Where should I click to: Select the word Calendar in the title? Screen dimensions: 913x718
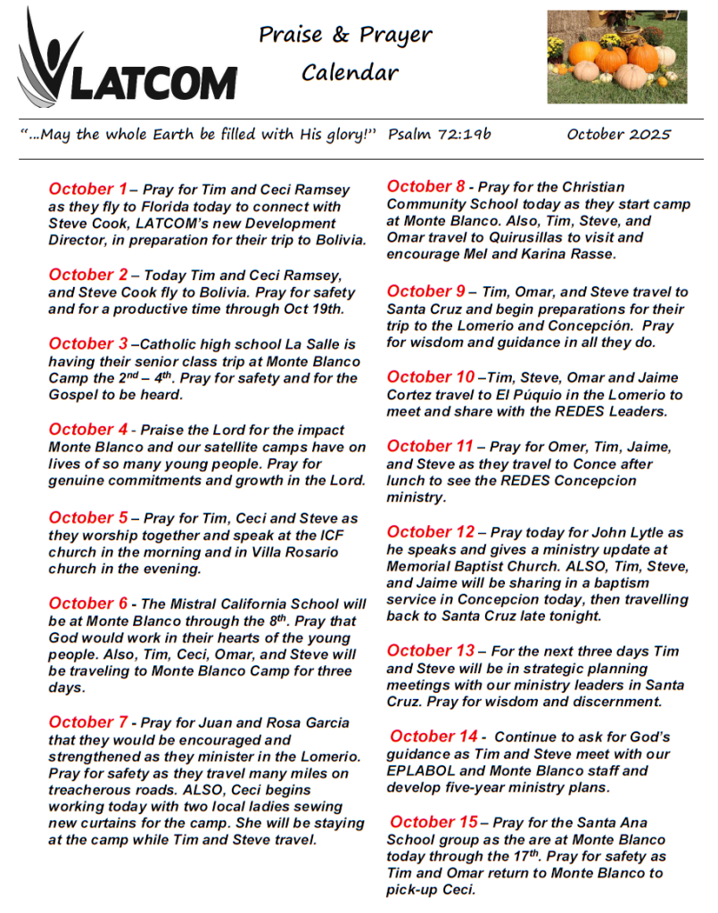coord(350,72)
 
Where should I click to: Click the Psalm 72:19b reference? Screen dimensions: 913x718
coord(440,135)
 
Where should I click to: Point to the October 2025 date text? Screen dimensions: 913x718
coord(618,135)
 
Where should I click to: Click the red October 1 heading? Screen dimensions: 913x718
coord(88,189)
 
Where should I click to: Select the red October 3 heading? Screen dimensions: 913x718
coord(88,343)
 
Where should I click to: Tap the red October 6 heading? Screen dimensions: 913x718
coord(88,604)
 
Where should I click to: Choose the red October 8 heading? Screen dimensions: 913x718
coord(426,186)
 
